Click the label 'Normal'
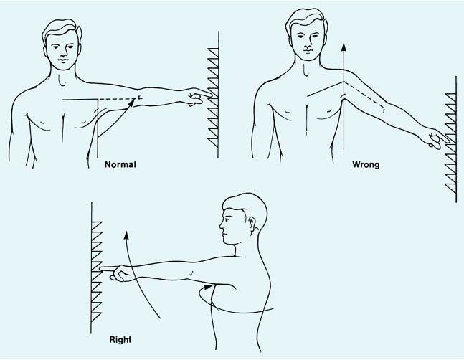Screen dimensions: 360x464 coord(119,164)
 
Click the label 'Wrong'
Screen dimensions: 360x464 coord(366,164)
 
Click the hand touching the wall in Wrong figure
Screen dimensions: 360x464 coord(435,137)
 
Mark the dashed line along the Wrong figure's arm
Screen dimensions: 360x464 coord(369,98)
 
